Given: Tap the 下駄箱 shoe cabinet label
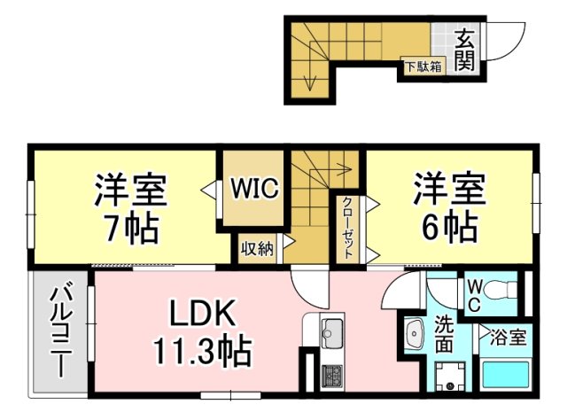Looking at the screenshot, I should (x=423, y=66).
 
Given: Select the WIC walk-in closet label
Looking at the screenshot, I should (x=255, y=189).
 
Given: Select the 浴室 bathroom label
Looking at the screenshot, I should (x=505, y=337).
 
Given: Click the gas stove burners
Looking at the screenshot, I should (x=332, y=376).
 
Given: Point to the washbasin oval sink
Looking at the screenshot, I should (x=415, y=334).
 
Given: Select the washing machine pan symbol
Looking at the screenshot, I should (x=450, y=376).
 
